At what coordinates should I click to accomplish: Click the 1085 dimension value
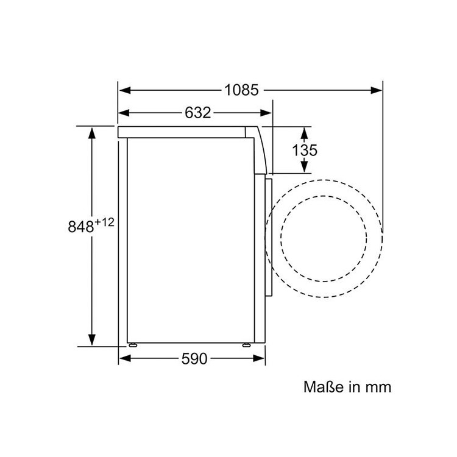coord(242,90)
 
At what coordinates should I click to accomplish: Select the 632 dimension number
coord(197,113)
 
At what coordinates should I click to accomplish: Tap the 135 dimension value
coord(305,151)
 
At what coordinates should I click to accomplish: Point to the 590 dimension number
coord(194,358)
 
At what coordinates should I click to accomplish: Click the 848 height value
coord(80,227)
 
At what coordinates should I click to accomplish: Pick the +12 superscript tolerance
coord(104,222)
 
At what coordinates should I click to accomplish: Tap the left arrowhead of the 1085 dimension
coord(124,90)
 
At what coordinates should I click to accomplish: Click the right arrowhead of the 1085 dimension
coord(377,90)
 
